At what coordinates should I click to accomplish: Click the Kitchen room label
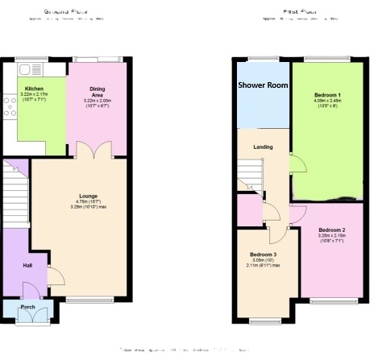point(33,89)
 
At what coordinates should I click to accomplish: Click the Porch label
point(27,307)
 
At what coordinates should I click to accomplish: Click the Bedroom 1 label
point(327,95)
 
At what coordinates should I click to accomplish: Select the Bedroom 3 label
point(263,254)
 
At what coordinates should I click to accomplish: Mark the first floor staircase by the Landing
point(250,173)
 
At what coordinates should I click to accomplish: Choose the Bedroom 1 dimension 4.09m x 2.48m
point(327,102)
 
